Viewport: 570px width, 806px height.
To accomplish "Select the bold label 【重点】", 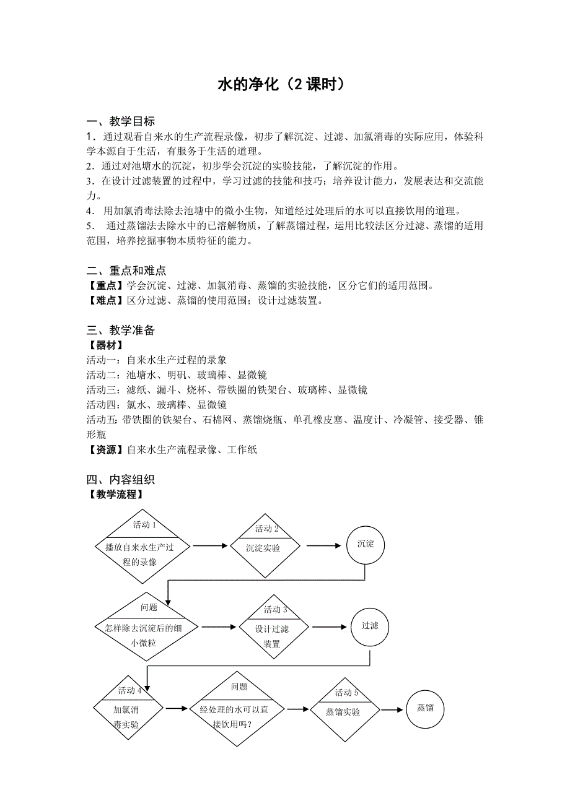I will (x=105, y=286).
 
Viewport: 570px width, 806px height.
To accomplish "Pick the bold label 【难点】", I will (x=105, y=301).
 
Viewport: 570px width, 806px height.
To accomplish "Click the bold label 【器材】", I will (x=105, y=345).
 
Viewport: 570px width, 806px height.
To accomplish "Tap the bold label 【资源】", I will (x=105, y=450).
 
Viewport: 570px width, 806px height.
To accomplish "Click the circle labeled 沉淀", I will (x=366, y=544).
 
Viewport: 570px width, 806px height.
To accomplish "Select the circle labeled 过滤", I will (x=370, y=625).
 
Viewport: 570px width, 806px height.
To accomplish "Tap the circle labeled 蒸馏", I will (x=425, y=708).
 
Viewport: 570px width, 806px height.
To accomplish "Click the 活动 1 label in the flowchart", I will (x=144, y=525).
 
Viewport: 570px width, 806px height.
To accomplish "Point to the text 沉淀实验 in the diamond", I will (x=263, y=548).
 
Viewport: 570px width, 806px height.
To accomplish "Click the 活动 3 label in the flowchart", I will (x=275, y=609).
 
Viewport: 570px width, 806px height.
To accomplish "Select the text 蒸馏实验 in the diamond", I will (x=343, y=712).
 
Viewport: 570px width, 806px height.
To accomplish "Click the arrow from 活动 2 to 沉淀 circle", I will (x=323, y=545).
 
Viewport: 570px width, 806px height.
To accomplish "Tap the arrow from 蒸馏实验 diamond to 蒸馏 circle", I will (x=392, y=710).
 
